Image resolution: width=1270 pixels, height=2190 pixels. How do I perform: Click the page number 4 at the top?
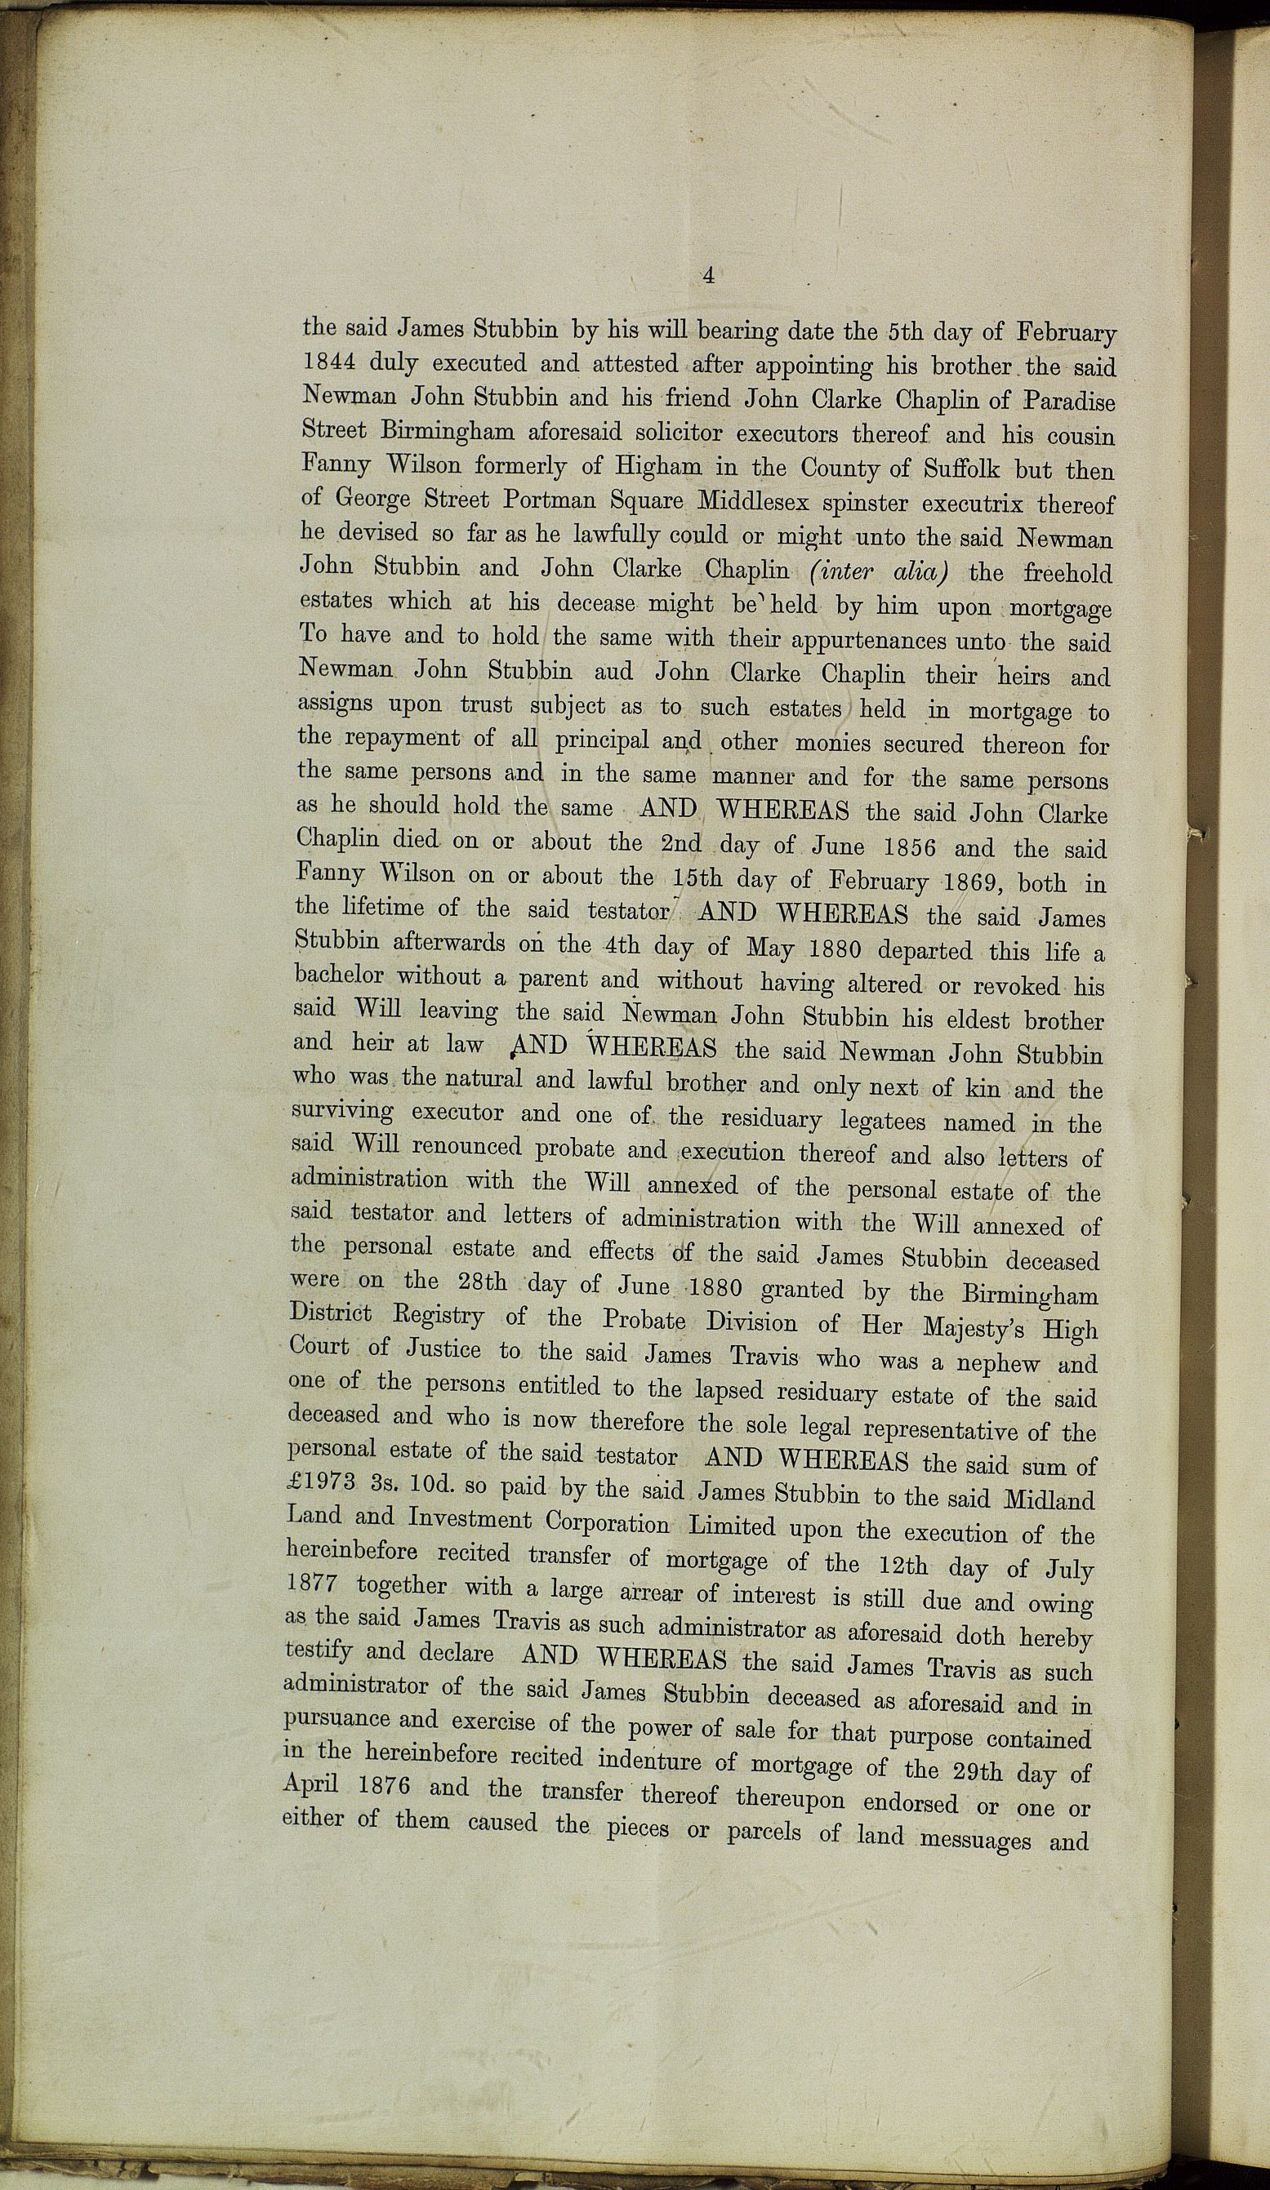coord(708,277)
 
